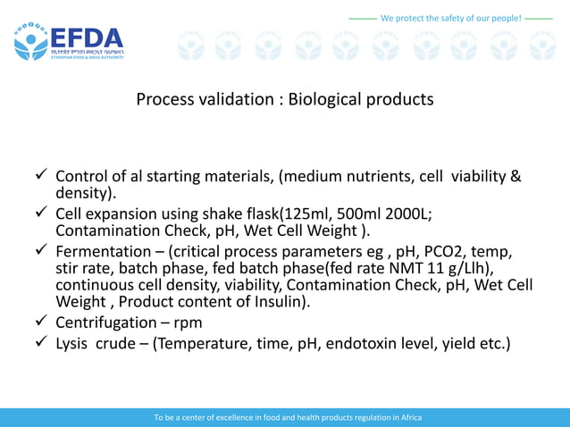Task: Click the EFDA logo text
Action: point(86,38)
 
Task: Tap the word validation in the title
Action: point(232,99)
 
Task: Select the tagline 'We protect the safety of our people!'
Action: point(450,17)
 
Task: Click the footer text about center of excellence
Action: point(288,417)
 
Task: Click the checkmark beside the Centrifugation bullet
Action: point(40,322)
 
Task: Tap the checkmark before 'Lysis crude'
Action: point(40,343)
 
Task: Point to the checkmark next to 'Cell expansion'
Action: point(40,213)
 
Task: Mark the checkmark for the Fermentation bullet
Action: point(40,252)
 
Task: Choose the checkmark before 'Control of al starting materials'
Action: point(40,175)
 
